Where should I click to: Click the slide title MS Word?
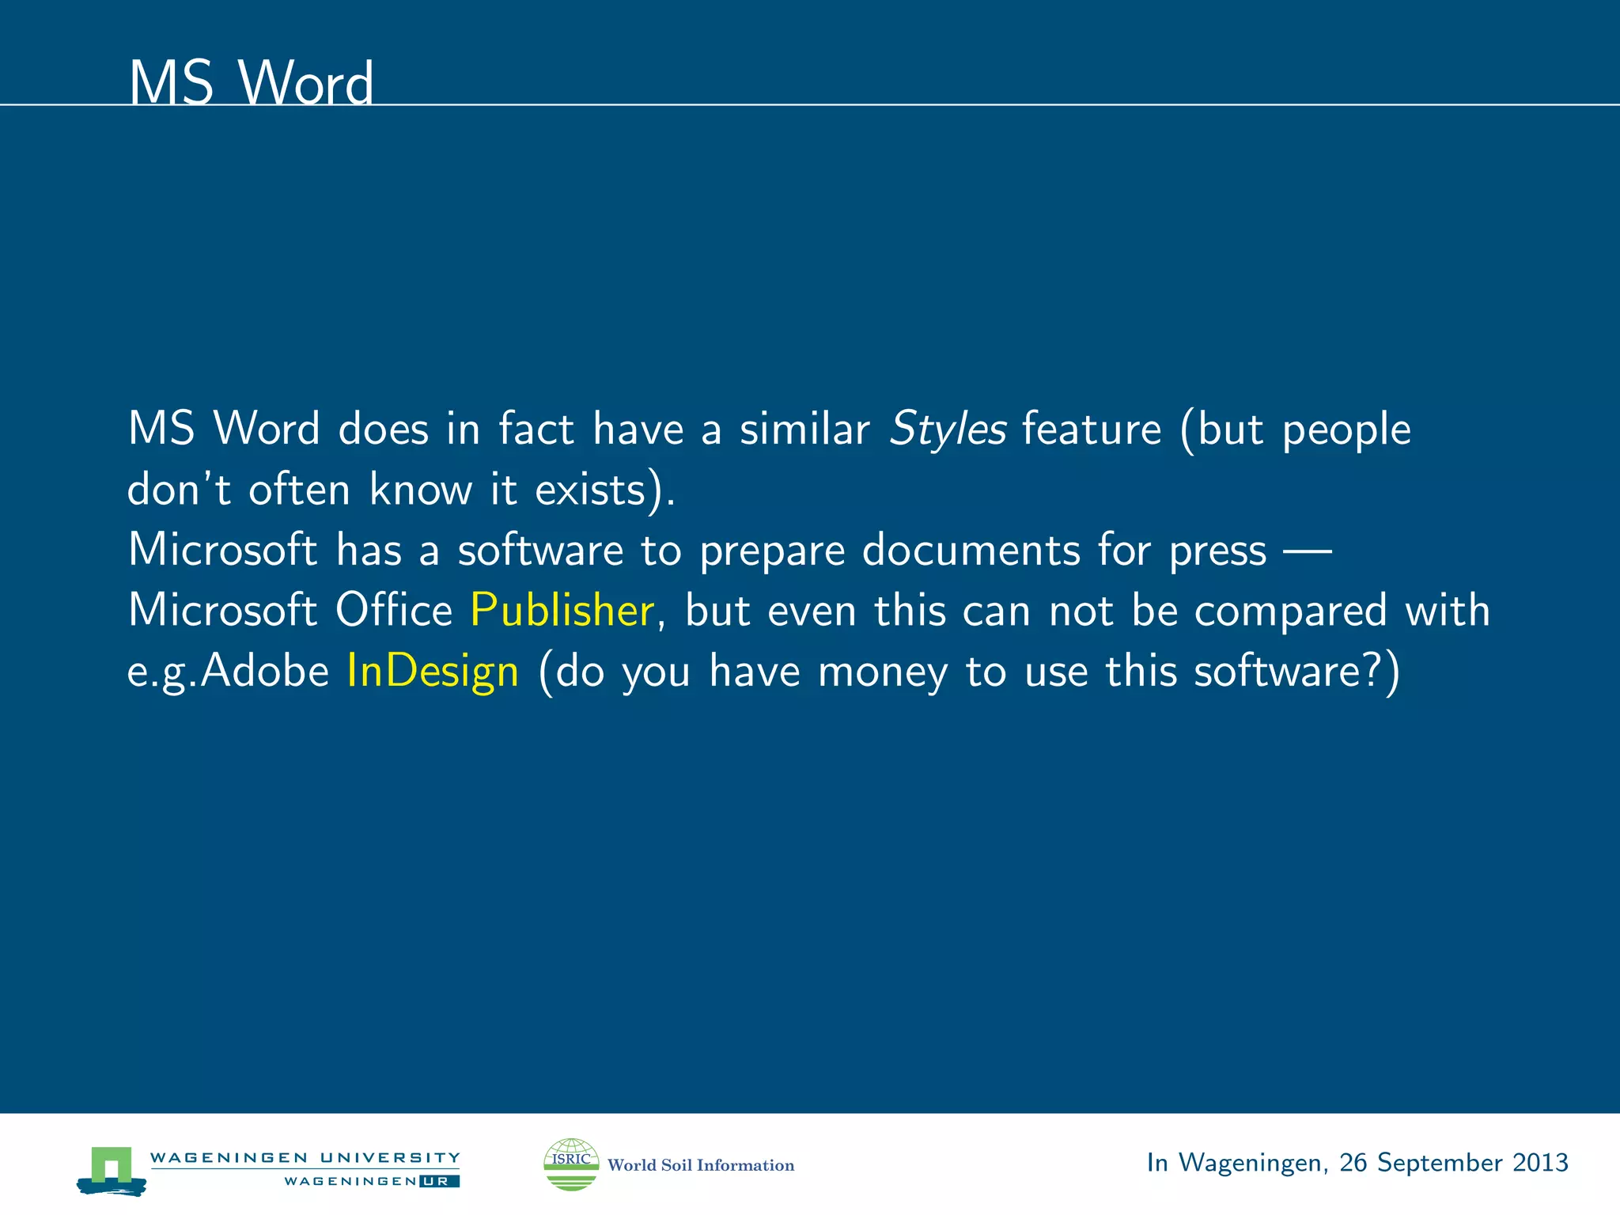(250, 83)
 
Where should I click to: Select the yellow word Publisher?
(562, 611)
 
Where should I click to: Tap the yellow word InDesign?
(433, 672)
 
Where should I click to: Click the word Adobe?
(264, 672)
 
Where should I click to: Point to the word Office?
(393, 611)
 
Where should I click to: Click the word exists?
(590, 490)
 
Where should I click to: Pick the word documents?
(971, 551)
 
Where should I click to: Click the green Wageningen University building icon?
(112, 1168)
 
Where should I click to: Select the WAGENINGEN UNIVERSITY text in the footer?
(305, 1157)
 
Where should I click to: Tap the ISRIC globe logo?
(571, 1164)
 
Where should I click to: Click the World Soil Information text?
(700, 1165)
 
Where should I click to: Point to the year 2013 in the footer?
(1539, 1162)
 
